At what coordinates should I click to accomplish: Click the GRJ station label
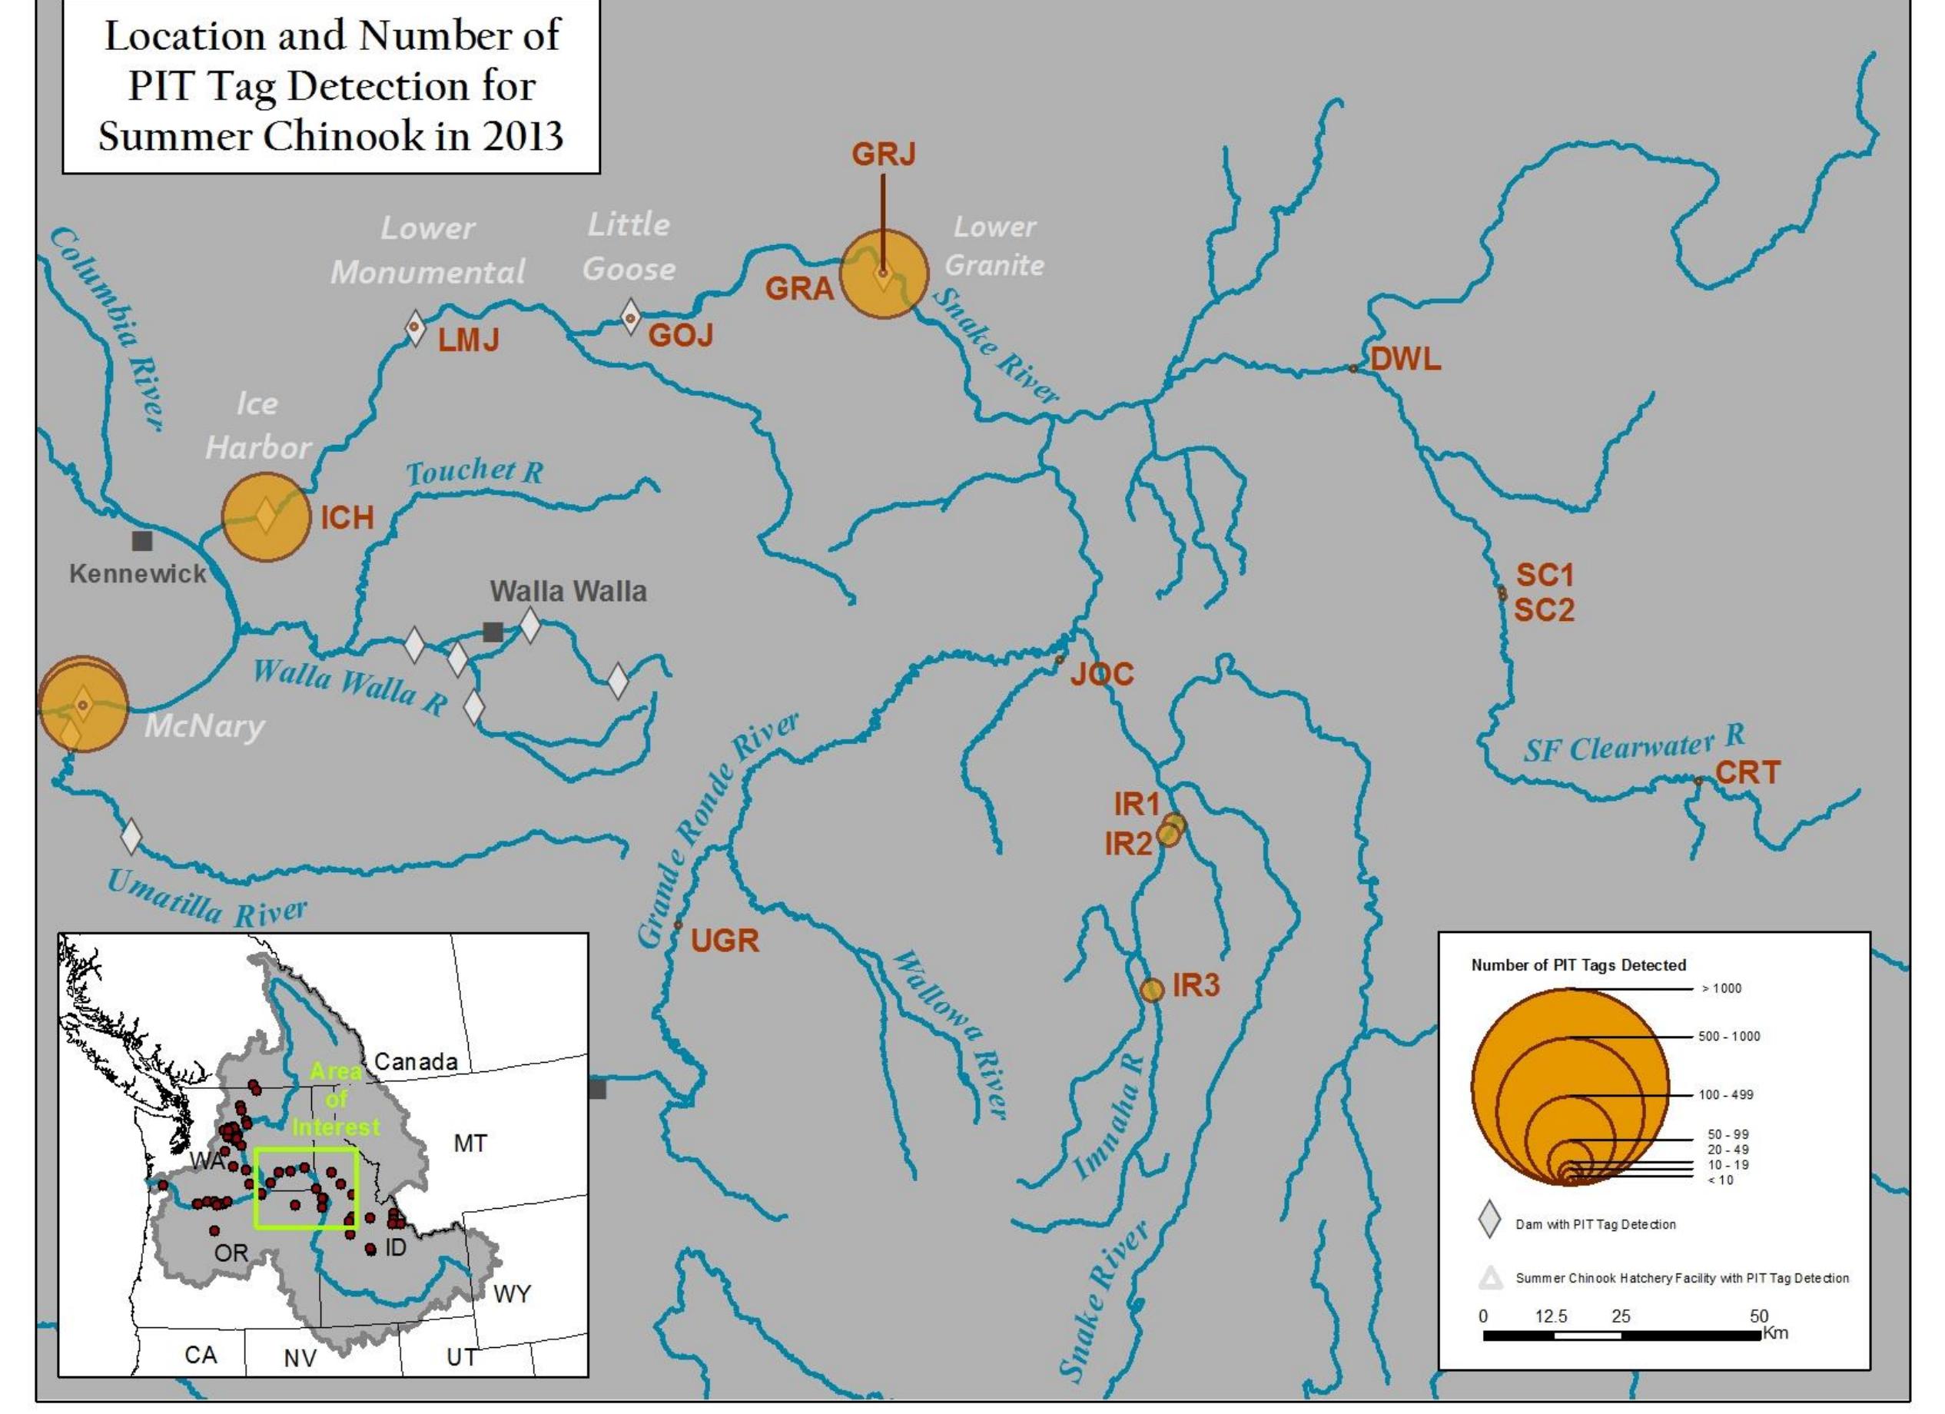[883, 154]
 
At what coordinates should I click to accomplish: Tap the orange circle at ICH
[266, 517]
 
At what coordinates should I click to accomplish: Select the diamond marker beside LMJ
[415, 327]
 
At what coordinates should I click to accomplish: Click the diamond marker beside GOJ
[630, 318]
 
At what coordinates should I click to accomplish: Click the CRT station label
[1748, 772]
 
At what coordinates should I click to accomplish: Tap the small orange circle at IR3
[1152, 990]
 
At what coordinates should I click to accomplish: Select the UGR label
[725, 941]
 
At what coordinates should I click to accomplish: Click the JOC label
[1102, 674]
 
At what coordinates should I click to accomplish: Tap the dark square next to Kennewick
[142, 541]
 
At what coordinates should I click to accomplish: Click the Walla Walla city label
[568, 591]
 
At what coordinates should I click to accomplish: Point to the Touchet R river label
[474, 472]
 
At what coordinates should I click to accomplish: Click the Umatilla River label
[206, 900]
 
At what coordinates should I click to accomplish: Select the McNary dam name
[204, 727]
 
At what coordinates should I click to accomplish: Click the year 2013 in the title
[522, 135]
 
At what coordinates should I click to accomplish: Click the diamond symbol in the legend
[1489, 1220]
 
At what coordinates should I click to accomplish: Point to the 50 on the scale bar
[1758, 1316]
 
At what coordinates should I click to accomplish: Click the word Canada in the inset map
[415, 1061]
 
